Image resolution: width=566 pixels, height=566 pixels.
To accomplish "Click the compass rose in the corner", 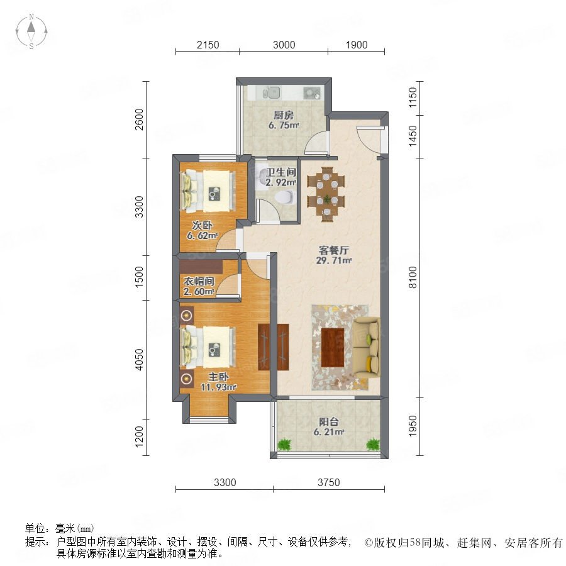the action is [x=31, y=31].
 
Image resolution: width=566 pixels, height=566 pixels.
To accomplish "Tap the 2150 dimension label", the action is [x=208, y=45].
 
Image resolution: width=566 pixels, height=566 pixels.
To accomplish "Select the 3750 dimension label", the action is [x=328, y=482].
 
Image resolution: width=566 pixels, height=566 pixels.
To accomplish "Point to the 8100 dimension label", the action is [x=413, y=277].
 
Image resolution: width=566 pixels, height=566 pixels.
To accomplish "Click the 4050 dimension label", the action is [x=139, y=360].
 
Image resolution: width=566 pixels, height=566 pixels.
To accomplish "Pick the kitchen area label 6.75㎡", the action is [x=284, y=125].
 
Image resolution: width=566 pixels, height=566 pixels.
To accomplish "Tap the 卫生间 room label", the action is [x=281, y=172].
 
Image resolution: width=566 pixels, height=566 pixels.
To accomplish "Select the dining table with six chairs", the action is [x=326, y=194].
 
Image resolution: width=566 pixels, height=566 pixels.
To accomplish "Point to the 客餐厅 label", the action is [x=334, y=250].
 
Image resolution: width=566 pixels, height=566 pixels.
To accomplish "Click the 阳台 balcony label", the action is [x=328, y=421].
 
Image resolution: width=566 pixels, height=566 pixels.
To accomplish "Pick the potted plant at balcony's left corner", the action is [x=284, y=445].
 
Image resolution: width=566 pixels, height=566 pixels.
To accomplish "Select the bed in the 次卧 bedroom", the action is [x=208, y=191].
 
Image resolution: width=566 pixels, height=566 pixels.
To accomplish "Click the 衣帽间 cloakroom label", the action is [x=199, y=281].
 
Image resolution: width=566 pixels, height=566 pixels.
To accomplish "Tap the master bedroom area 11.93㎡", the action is [x=218, y=387].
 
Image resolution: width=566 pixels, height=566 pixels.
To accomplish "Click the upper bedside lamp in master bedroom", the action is [x=186, y=316].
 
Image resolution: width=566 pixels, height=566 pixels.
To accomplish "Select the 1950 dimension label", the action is [x=413, y=426].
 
